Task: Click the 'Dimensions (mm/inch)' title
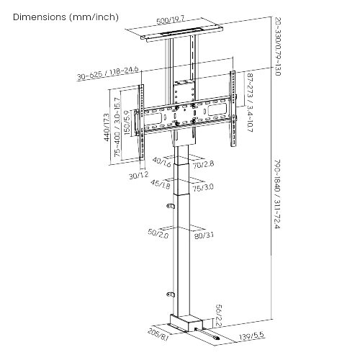coord(66,17)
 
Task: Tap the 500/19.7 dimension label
coord(171,20)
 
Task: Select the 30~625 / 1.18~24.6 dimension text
coord(108,73)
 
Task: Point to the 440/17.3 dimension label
coord(107,127)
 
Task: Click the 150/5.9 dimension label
coord(127,122)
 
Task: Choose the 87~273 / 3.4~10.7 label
coord(250,103)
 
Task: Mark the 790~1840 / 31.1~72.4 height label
coord(276,194)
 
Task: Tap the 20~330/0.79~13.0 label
coord(277,47)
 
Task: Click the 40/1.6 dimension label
coord(162,162)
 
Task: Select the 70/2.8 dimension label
coord(203,164)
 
